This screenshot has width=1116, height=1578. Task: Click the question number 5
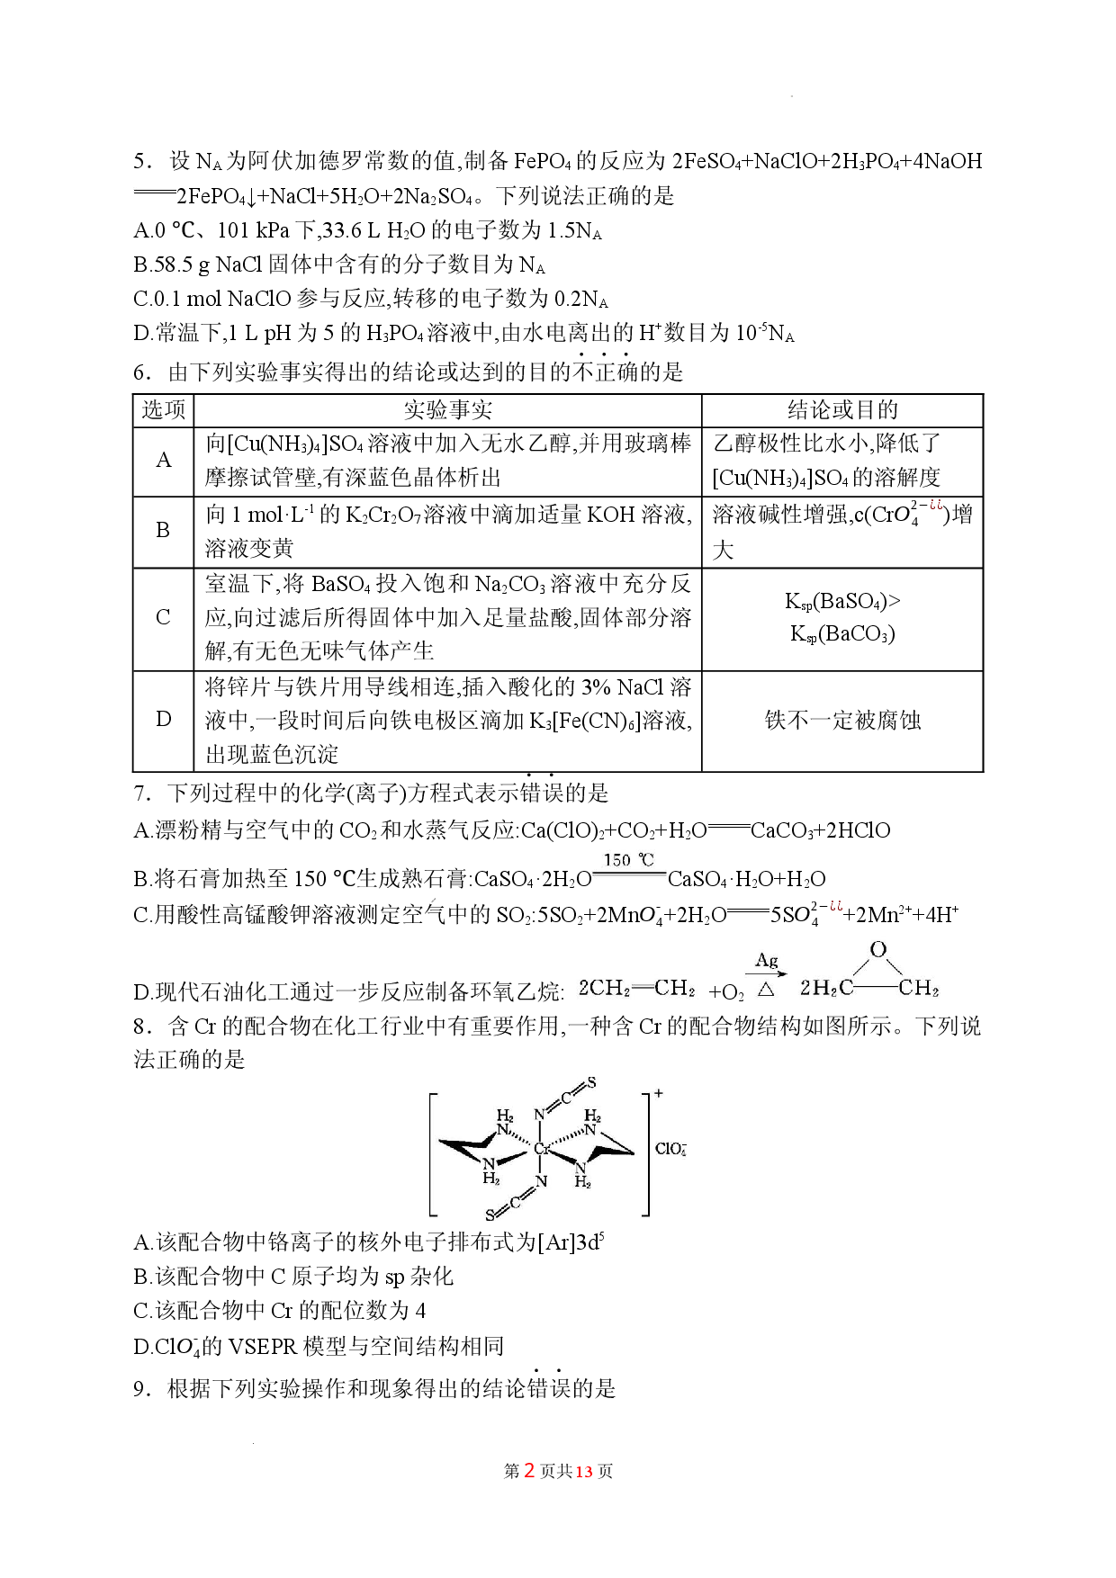click(x=139, y=162)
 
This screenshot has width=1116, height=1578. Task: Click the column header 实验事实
click(x=447, y=410)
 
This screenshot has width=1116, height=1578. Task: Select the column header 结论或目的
click(x=842, y=410)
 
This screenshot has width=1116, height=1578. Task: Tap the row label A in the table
click(x=164, y=461)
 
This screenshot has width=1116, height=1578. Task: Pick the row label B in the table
click(x=163, y=531)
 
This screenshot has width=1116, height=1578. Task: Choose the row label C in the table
click(x=163, y=617)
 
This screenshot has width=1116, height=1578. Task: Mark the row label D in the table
click(x=164, y=719)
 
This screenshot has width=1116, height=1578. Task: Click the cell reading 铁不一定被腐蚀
click(x=842, y=720)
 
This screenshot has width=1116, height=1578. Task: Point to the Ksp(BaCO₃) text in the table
click(x=842, y=634)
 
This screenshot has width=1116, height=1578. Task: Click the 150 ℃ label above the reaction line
click(x=628, y=860)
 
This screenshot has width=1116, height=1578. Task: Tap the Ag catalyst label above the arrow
click(x=767, y=960)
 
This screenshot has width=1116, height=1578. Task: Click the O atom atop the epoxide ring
click(x=878, y=949)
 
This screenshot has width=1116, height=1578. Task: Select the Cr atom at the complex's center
click(x=542, y=1149)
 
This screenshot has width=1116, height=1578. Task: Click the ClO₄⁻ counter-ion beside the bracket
click(x=670, y=1149)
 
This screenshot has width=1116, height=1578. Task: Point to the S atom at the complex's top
click(x=591, y=1082)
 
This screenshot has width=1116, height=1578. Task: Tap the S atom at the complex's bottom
click(x=490, y=1215)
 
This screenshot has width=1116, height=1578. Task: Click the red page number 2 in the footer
click(x=530, y=1470)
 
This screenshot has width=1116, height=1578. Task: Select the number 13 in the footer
click(x=584, y=1471)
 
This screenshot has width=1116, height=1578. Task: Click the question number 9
click(x=139, y=1389)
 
